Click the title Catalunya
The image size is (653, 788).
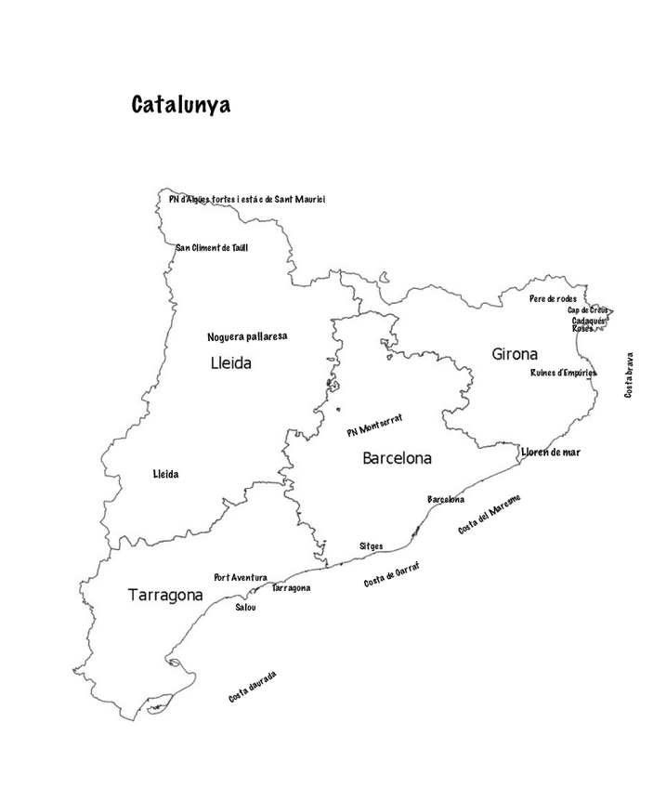tap(180, 104)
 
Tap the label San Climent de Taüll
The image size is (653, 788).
tap(212, 247)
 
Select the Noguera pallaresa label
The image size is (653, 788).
tap(247, 335)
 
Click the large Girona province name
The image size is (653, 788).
tap(515, 354)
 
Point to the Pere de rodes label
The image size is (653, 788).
tap(553, 298)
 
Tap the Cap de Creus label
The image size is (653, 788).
tap(587, 309)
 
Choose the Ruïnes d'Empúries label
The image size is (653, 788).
tap(563, 373)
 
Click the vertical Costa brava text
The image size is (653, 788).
tap(629, 374)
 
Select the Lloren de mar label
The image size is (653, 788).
tap(550, 452)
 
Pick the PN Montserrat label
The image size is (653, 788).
tap(374, 426)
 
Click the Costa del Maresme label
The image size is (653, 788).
tap(490, 514)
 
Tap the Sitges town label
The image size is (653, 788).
tap(371, 546)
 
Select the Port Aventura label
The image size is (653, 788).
tap(241, 577)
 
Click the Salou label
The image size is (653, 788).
tap(245, 607)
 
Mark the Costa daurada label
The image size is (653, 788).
tap(253, 686)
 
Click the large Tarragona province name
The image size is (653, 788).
tap(165, 596)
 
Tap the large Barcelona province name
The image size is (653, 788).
tap(397, 458)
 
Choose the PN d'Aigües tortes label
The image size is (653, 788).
tap(247, 199)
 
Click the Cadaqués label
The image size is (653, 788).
tap(589, 320)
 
